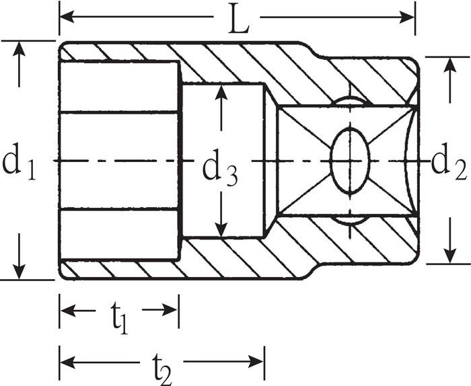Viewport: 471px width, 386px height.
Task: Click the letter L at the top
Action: pyautogui.click(x=237, y=20)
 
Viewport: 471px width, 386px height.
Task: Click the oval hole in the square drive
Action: pyautogui.click(x=350, y=161)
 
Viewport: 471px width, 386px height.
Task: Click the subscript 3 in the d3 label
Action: pyautogui.click(x=230, y=176)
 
